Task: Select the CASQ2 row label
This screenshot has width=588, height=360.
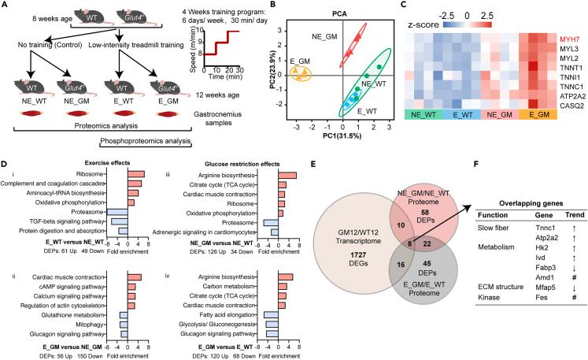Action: point(558,102)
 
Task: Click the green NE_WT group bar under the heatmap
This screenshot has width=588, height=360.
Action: point(416,115)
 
